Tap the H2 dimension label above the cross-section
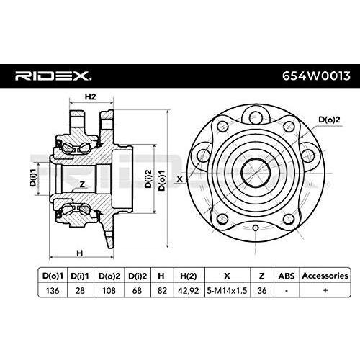[91, 97]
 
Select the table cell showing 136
[53, 289]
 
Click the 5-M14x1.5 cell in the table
[227, 289]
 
